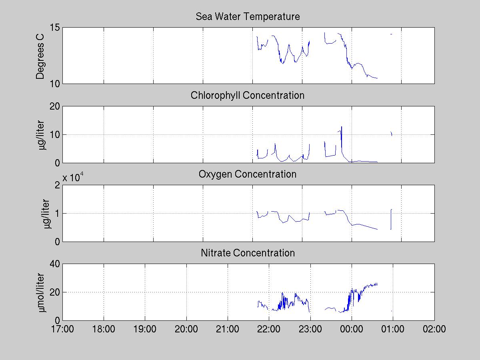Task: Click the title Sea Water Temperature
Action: [248, 17]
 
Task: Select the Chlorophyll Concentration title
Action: [248, 96]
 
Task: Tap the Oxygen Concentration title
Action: [248, 174]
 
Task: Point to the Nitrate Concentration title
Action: [248, 253]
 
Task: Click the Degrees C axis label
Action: [40, 56]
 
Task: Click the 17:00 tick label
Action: [62, 329]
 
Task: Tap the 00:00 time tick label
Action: [352, 329]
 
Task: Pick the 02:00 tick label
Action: [434, 329]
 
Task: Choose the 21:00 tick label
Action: [228, 329]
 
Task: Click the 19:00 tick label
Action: [145, 329]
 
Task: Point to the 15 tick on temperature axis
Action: [55, 28]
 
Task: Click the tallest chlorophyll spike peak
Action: [342, 127]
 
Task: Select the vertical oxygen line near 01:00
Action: [391, 219]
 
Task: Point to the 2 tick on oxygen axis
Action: [57, 185]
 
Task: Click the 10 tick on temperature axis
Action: [55, 84]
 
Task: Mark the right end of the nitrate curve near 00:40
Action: [377, 284]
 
